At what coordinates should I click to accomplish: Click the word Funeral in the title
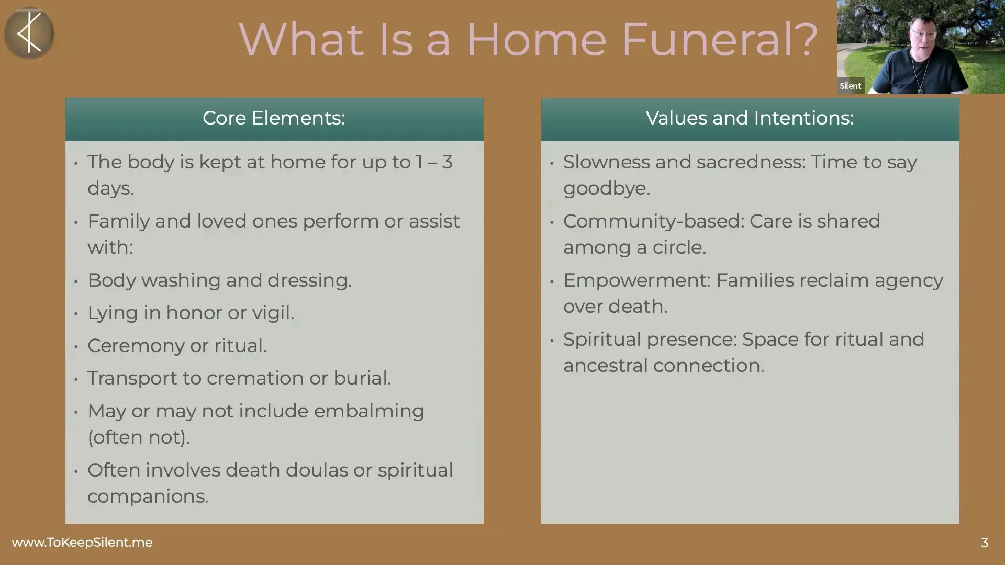tap(709, 39)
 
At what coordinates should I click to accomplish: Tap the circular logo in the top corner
tap(29, 33)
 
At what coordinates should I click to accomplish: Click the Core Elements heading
tap(274, 118)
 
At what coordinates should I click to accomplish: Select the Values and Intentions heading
tap(750, 118)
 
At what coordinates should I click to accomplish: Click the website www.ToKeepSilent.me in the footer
tap(82, 543)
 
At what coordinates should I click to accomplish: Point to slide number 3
tap(984, 543)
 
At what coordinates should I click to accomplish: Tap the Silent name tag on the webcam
tap(850, 86)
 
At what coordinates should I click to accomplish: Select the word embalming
tap(369, 412)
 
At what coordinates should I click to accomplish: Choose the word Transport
tap(132, 378)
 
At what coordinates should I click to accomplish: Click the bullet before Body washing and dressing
tap(76, 281)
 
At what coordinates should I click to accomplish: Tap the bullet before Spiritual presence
tap(552, 341)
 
